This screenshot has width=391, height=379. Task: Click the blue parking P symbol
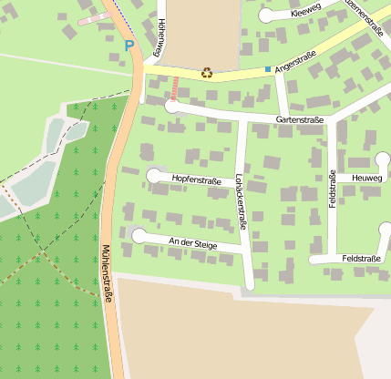pos(129,45)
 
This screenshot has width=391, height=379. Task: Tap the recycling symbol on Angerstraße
pos(207,73)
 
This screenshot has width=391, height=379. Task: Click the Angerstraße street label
pos(294,60)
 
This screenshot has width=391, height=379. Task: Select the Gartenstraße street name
pos(299,119)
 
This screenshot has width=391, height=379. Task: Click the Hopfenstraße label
pos(196,181)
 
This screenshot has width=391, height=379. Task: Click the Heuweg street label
pos(366,178)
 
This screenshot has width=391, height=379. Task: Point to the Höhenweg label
pos(161,36)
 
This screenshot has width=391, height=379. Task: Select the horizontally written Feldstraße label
pos(361,259)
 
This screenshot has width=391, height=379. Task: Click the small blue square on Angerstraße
pos(267,69)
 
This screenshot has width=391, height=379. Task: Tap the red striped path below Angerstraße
pos(174,89)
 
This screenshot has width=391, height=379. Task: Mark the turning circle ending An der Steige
pos(139,237)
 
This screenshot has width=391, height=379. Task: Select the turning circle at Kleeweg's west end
pos(265,15)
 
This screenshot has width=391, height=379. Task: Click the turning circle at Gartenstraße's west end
pos(171,107)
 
